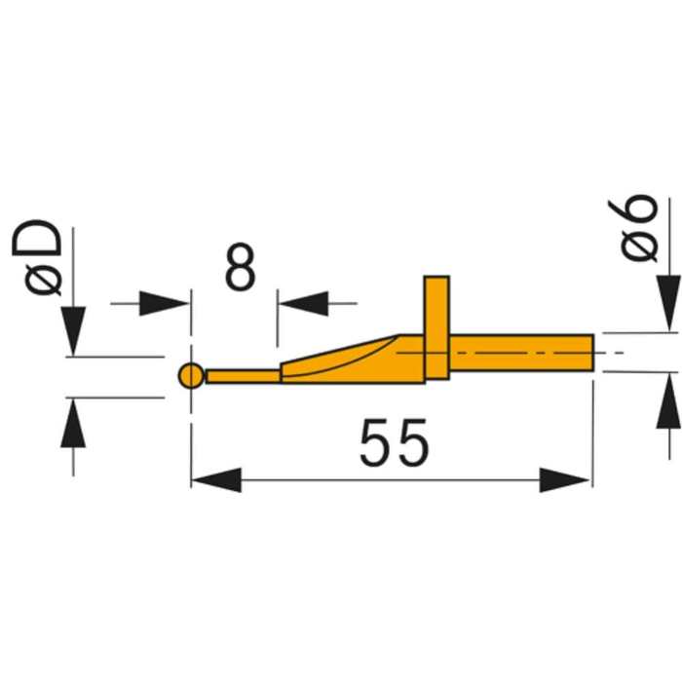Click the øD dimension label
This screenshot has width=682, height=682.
pyautogui.click(x=37, y=258)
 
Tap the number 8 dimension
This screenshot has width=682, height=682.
pyautogui.click(x=240, y=267)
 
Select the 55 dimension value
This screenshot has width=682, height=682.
pyautogui.click(x=395, y=442)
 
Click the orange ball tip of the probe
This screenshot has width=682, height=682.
pyautogui.click(x=191, y=375)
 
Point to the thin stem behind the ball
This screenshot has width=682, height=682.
pyautogui.click(x=244, y=376)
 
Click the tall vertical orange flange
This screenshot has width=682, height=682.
pyautogui.click(x=436, y=327)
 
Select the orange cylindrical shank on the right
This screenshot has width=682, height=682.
pyautogui.click(x=521, y=353)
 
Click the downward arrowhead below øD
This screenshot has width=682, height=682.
pyautogui.click(x=73, y=331)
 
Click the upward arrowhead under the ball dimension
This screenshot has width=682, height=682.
pyautogui.click(x=73, y=423)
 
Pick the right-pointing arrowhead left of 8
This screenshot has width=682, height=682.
pyautogui.click(x=164, y=303)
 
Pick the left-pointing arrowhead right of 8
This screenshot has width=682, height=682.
pyautogui.click(x=304, y=303)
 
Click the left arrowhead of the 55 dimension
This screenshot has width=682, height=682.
pyautogui.click(x=216, y=479)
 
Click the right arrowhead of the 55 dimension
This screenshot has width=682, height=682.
pyautogui.click(x=565, y=479)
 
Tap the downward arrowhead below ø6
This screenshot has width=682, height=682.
pyautogui.click(x=669, y=303)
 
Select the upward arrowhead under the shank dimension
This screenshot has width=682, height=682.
pyautogui.click(x=669, y=400)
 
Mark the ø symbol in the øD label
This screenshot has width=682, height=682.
pyautogui.click(x=43, y=281)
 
